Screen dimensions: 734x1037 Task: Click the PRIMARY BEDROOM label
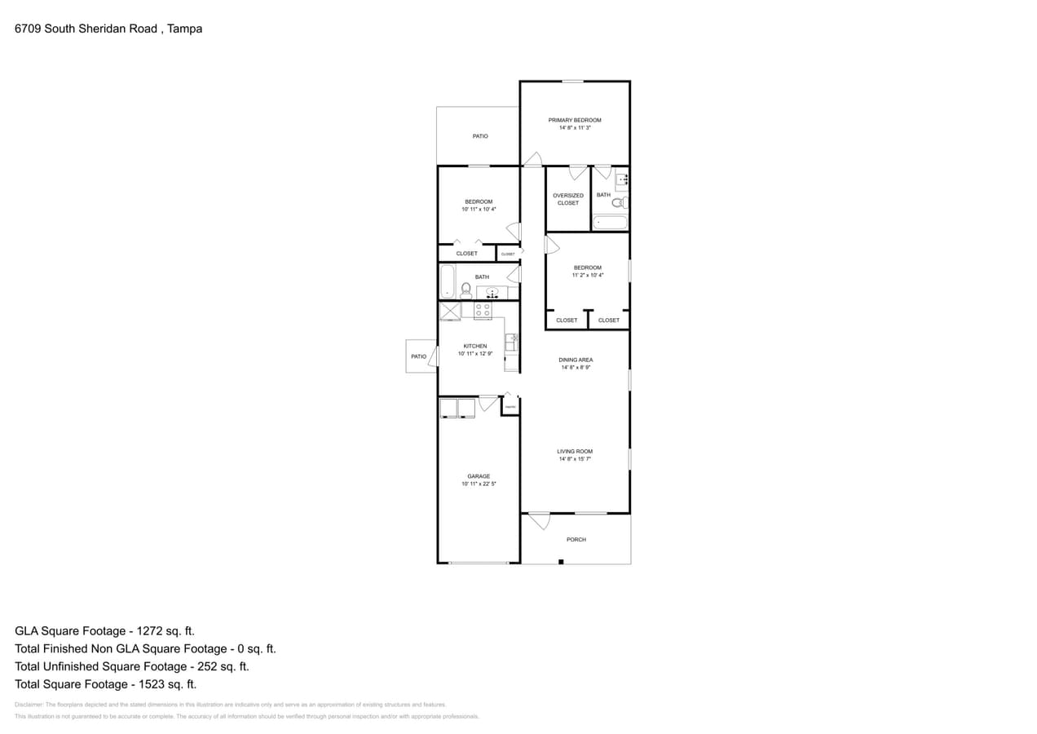point(574,120)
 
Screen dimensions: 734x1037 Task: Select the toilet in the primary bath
point(620,202)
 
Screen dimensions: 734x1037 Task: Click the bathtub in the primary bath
point(610,222)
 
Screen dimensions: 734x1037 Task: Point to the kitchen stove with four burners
point(482,310)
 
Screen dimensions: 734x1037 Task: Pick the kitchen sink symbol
point(510,342)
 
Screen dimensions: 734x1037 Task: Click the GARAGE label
point(479,476)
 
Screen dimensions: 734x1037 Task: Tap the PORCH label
point(576,539)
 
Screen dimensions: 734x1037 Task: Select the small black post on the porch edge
point(561,561)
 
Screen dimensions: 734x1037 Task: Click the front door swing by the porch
point(540,520)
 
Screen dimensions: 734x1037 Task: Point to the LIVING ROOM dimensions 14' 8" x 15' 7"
point(575,459)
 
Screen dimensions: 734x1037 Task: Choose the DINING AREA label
point(576,360)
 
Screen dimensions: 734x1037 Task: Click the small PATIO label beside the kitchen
point(418,356)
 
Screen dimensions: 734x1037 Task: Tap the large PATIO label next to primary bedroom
point(480,136)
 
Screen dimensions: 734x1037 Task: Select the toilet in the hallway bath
point(466,288)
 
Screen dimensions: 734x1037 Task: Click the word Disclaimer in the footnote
point(29,705)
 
